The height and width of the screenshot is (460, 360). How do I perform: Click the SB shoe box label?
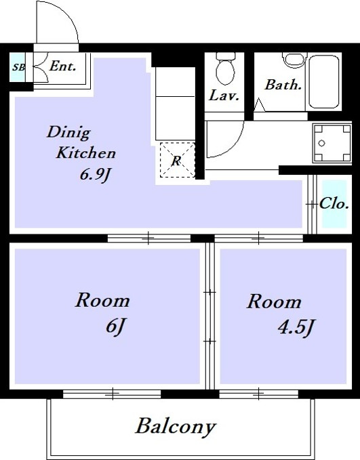[x=18, y=67]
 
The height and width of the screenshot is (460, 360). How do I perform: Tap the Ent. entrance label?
[x=62, y=66]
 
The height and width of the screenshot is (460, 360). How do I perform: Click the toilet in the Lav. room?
[x=225, y=68]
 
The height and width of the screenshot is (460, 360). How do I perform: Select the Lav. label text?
[x=224, y=96]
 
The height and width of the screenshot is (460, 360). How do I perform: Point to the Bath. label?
[x=283, y=85]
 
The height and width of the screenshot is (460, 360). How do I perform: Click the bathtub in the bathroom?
[x=324, y=82]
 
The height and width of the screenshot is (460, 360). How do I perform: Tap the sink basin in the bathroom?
[x=294, y=59]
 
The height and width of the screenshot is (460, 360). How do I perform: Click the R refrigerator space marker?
[x=176, y=161]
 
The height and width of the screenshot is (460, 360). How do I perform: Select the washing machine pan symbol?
[x=332, y=143]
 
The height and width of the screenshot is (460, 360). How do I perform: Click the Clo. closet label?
[x=334, y=203]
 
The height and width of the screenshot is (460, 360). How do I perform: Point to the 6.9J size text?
[x=95, y=175]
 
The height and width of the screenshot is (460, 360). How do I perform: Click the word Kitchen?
[x=85, y=152]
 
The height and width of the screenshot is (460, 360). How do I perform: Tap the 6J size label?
[x=116, y=326]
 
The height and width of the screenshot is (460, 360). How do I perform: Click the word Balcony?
[x=176, y=427]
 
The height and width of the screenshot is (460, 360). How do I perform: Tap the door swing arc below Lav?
[x=233, y=145]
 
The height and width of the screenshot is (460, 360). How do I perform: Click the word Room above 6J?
[x=102, y=300]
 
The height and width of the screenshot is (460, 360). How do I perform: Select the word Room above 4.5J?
[x=274, y=301]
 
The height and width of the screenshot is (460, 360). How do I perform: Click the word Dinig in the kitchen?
[x=68, y=133]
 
